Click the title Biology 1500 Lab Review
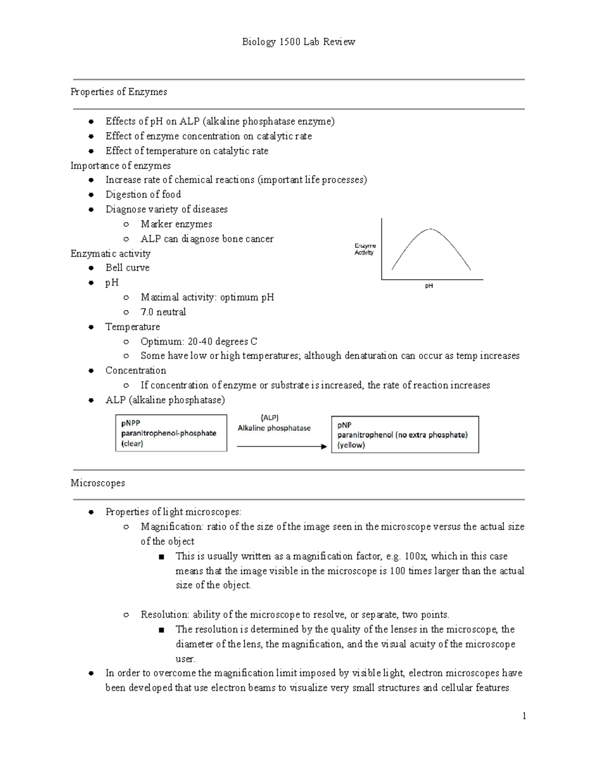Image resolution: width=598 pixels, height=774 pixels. point(298,42)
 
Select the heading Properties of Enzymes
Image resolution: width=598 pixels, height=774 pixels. point(119,92)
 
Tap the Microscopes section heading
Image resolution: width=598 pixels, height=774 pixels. point(98,483)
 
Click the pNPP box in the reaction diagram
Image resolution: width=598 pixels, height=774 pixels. point(171,433)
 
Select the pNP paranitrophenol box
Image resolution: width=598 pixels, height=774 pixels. point(405,435)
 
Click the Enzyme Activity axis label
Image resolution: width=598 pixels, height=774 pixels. point(365,249)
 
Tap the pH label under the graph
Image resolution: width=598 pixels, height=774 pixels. point(429,286)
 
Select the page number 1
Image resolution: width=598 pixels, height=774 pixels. point(524,716)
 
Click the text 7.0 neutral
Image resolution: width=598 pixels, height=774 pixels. point(163,312)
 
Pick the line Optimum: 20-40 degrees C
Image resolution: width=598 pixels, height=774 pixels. point(198,341)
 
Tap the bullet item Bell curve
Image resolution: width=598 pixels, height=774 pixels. point(127,268)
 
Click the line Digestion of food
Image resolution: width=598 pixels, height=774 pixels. point(143,194)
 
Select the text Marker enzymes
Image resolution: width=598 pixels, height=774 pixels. point(176,224)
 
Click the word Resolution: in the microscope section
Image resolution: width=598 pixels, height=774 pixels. point(164,615)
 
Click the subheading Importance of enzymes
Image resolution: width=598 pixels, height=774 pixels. point(121,165)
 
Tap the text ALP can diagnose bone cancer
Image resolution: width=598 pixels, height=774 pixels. point(207,239)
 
